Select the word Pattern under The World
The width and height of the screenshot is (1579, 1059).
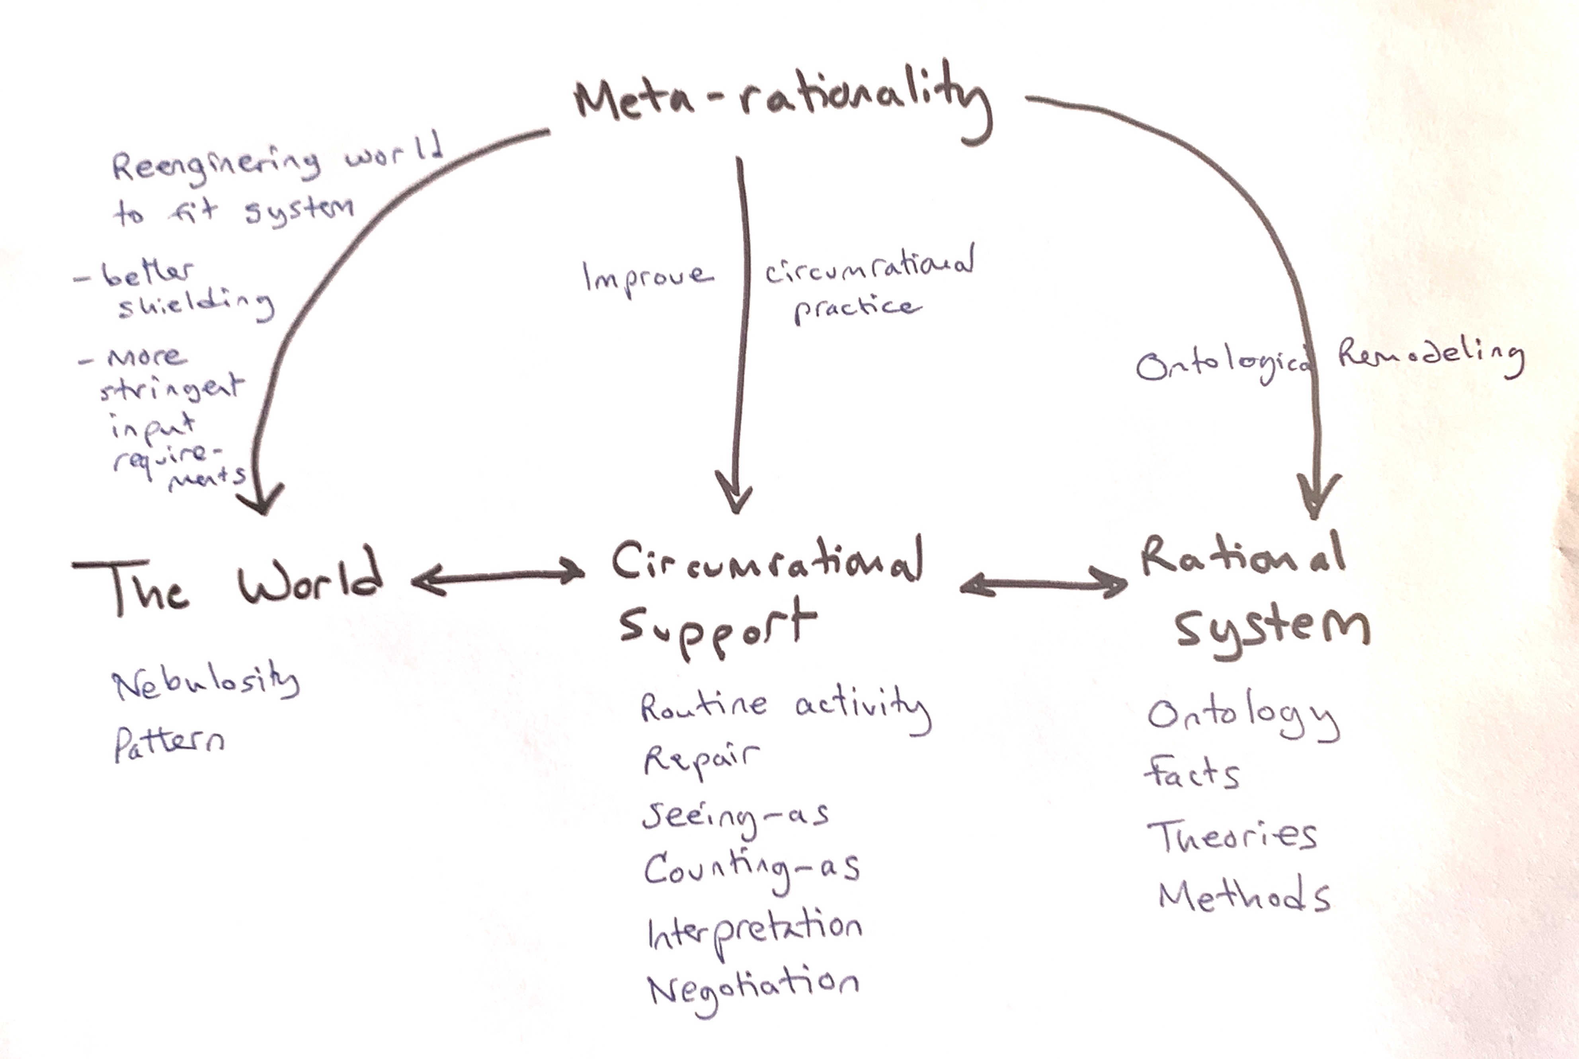click(x=169, y=743)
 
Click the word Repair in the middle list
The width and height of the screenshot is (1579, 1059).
click(x=701, y=760)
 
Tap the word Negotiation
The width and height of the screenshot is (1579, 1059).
click(x=753, y=989)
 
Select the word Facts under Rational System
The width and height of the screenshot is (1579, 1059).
click(x=1192, y=773)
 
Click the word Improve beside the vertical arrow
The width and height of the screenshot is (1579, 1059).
click(x=647, y=277)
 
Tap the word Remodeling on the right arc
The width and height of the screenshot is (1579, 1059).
click(x=1431, y=355)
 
